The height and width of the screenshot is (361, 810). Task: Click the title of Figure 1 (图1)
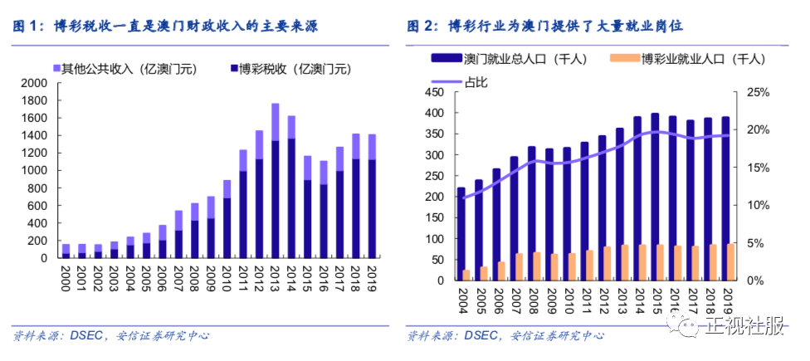click(166, 26)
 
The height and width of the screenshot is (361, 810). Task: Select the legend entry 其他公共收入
click(129, 68)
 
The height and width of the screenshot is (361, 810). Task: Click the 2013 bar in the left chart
click(276, 183)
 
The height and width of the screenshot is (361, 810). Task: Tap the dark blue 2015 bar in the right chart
click(655, 197)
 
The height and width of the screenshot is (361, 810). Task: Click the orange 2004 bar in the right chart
click(466, 275)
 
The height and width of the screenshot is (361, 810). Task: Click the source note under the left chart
click(111, 336)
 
